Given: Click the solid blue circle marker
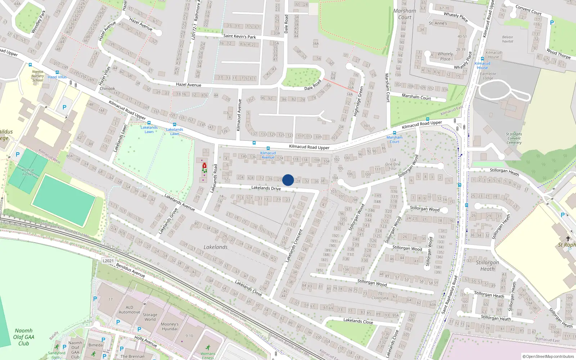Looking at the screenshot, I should click(x=288, y=180).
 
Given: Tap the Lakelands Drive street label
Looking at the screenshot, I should click(x=266, y=188).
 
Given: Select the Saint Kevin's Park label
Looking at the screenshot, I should click(x=239, y=36).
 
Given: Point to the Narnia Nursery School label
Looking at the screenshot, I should click(x=37, y=76).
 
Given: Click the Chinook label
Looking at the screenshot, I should click(x=107, y=89).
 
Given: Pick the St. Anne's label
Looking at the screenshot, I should click(x=438, y=23).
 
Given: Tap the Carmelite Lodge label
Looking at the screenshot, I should click(x=488, y=76).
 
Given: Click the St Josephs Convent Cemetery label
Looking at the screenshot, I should click(x=514, y=138).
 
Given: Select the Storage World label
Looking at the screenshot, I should click(x=150, y=317).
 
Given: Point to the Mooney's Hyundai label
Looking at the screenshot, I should click(x=170, y=327).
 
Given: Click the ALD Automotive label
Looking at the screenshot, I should click(x=129, y=310).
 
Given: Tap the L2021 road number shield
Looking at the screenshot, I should click(x=108, y=261).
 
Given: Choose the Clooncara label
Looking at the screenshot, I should click(x=380, y=298).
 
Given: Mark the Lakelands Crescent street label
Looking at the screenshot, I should click(x=294, y=246).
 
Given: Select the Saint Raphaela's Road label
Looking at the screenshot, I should click(x=450, y=294).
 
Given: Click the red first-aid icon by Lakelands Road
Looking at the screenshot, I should click(x=204, y=166).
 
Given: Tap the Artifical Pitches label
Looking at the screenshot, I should click(x=28, y=172).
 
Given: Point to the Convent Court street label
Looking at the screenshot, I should click(x=528, y=10).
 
